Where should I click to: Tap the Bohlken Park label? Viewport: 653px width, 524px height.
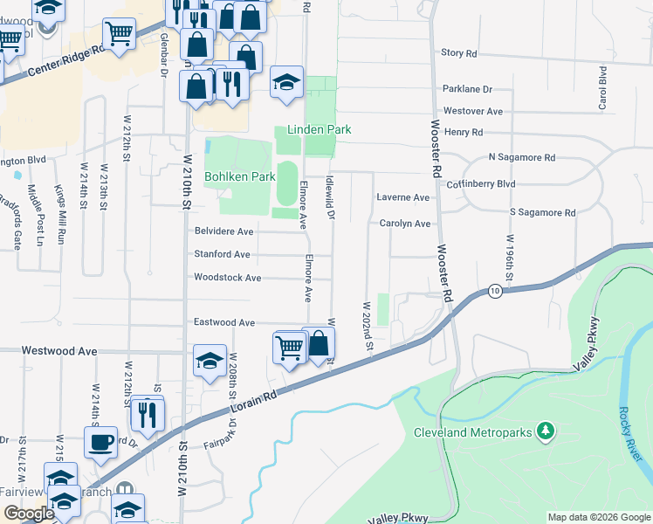[240, 176]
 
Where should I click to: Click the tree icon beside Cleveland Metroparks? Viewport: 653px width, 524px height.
[546, 431]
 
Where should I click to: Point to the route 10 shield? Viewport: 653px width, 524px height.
[495, 291]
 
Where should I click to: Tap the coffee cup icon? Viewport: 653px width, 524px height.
[100, 440]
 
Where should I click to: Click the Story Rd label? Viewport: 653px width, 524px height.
[459, 53]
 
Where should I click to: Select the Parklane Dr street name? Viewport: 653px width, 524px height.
[468, 89]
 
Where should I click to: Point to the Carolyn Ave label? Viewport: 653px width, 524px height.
[405, 224]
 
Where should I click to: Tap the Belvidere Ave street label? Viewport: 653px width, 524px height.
[223, 231]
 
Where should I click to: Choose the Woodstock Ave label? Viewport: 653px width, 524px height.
[227, 278]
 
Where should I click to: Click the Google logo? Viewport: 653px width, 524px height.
[28, 514]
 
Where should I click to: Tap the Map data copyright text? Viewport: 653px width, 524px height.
[598, 517]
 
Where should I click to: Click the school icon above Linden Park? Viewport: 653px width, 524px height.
[285, 82]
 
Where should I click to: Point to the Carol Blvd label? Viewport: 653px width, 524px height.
[602, 87]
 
